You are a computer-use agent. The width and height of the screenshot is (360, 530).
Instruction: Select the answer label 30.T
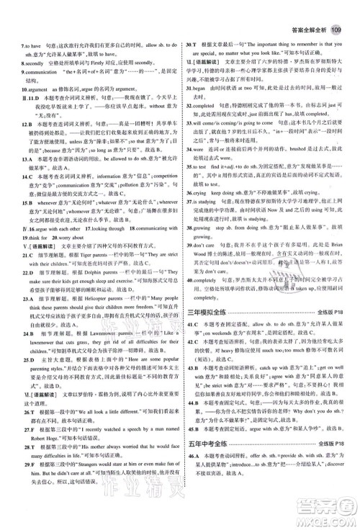193,25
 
